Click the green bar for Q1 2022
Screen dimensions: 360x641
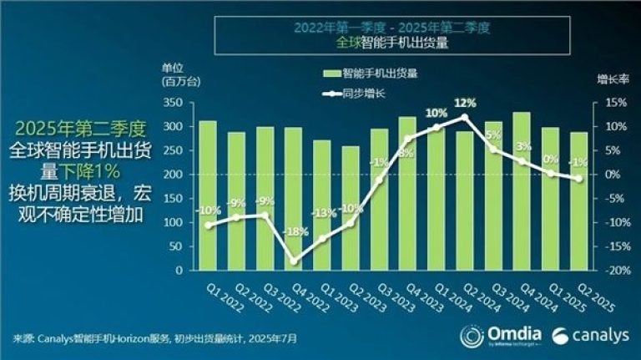tap(207, 195)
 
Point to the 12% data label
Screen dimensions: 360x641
tap(465, 103)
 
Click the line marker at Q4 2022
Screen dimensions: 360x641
tap(293, 261)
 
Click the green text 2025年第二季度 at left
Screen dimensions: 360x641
tap(80, 129)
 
